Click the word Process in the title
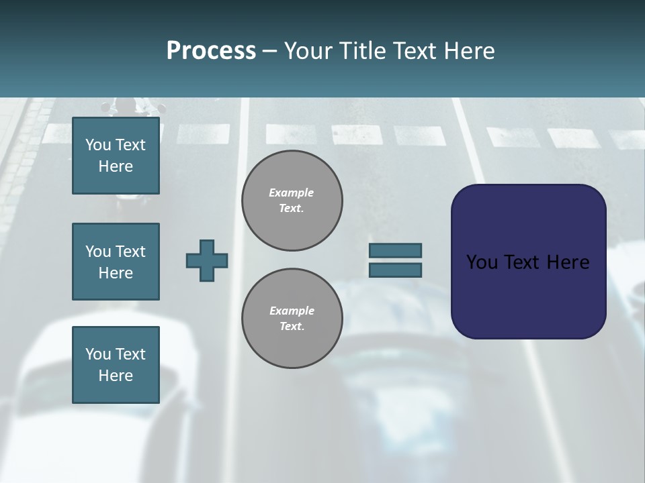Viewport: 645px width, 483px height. (x=211, y=51)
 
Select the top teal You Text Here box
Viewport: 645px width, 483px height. (x=116, y=156)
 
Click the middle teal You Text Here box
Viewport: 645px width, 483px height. (x=116, y=262)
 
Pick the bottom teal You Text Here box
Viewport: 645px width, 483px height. (x=116, y=365)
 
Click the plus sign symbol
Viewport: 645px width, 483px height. (x=207, y=260)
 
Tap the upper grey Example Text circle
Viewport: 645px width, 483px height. (x=292, y=200)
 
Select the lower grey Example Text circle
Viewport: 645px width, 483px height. (x=292, y=318)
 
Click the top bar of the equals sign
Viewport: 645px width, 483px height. (x=395, y=251)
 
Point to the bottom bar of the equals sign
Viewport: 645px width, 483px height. (x=395, y=270)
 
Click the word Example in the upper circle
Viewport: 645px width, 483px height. (x=292, y=193)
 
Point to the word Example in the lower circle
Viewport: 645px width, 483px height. (x=292, y=311)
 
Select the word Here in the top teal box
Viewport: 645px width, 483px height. (x=116, y=166)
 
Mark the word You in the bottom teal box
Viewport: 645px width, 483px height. (x=98, y=354)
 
